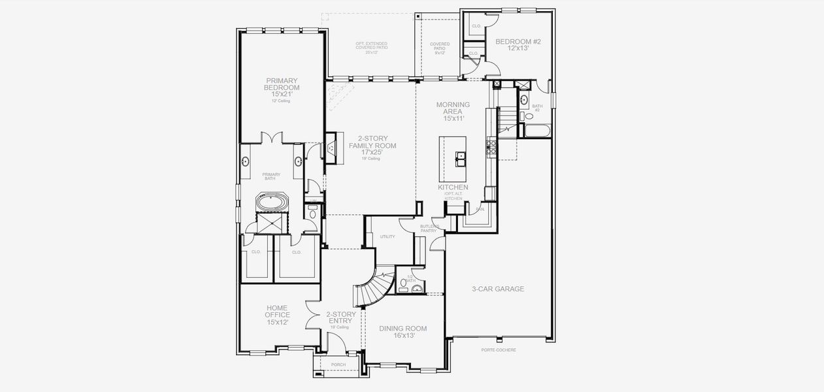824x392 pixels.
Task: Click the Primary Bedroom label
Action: [x=282, y=88]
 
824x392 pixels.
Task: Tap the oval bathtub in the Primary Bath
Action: [x=269, y=203]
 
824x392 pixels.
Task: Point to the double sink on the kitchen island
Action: [x=462, y=157]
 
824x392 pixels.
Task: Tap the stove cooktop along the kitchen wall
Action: [x=491, y=146]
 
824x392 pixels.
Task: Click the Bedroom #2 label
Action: [x=518, y=45]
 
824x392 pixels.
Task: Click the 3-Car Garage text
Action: [x=498, y=289]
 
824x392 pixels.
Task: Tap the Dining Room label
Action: [x=403, y=332]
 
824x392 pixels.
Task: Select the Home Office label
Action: [x=277, y=315]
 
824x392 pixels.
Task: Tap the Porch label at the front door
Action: [x=338, y=365]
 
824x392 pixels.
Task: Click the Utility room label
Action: [x=387, y=237]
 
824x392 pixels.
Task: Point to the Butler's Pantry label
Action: [x=429, y=228]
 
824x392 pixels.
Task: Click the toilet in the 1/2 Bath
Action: [x=404, y=284]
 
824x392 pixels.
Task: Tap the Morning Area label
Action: [x=453, y=111]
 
